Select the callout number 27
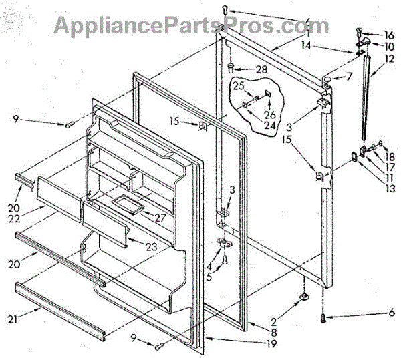160,218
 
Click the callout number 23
152,247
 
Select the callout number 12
390,58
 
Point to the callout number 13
389,189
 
